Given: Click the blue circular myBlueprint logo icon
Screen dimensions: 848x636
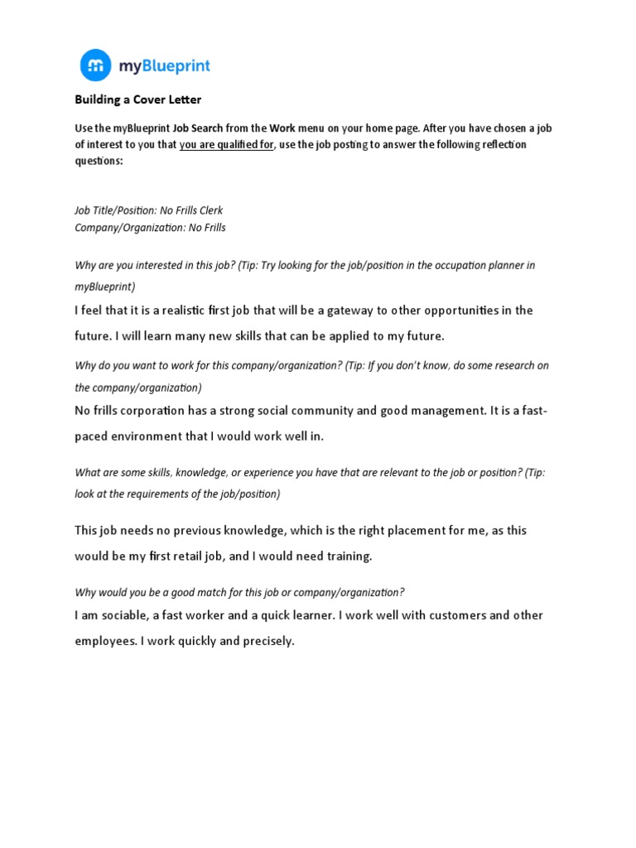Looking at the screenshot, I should tap(96, 65).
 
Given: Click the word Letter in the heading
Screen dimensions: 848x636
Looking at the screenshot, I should tap(186, 100).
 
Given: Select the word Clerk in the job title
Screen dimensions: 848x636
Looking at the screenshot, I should tap(210, 210).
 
